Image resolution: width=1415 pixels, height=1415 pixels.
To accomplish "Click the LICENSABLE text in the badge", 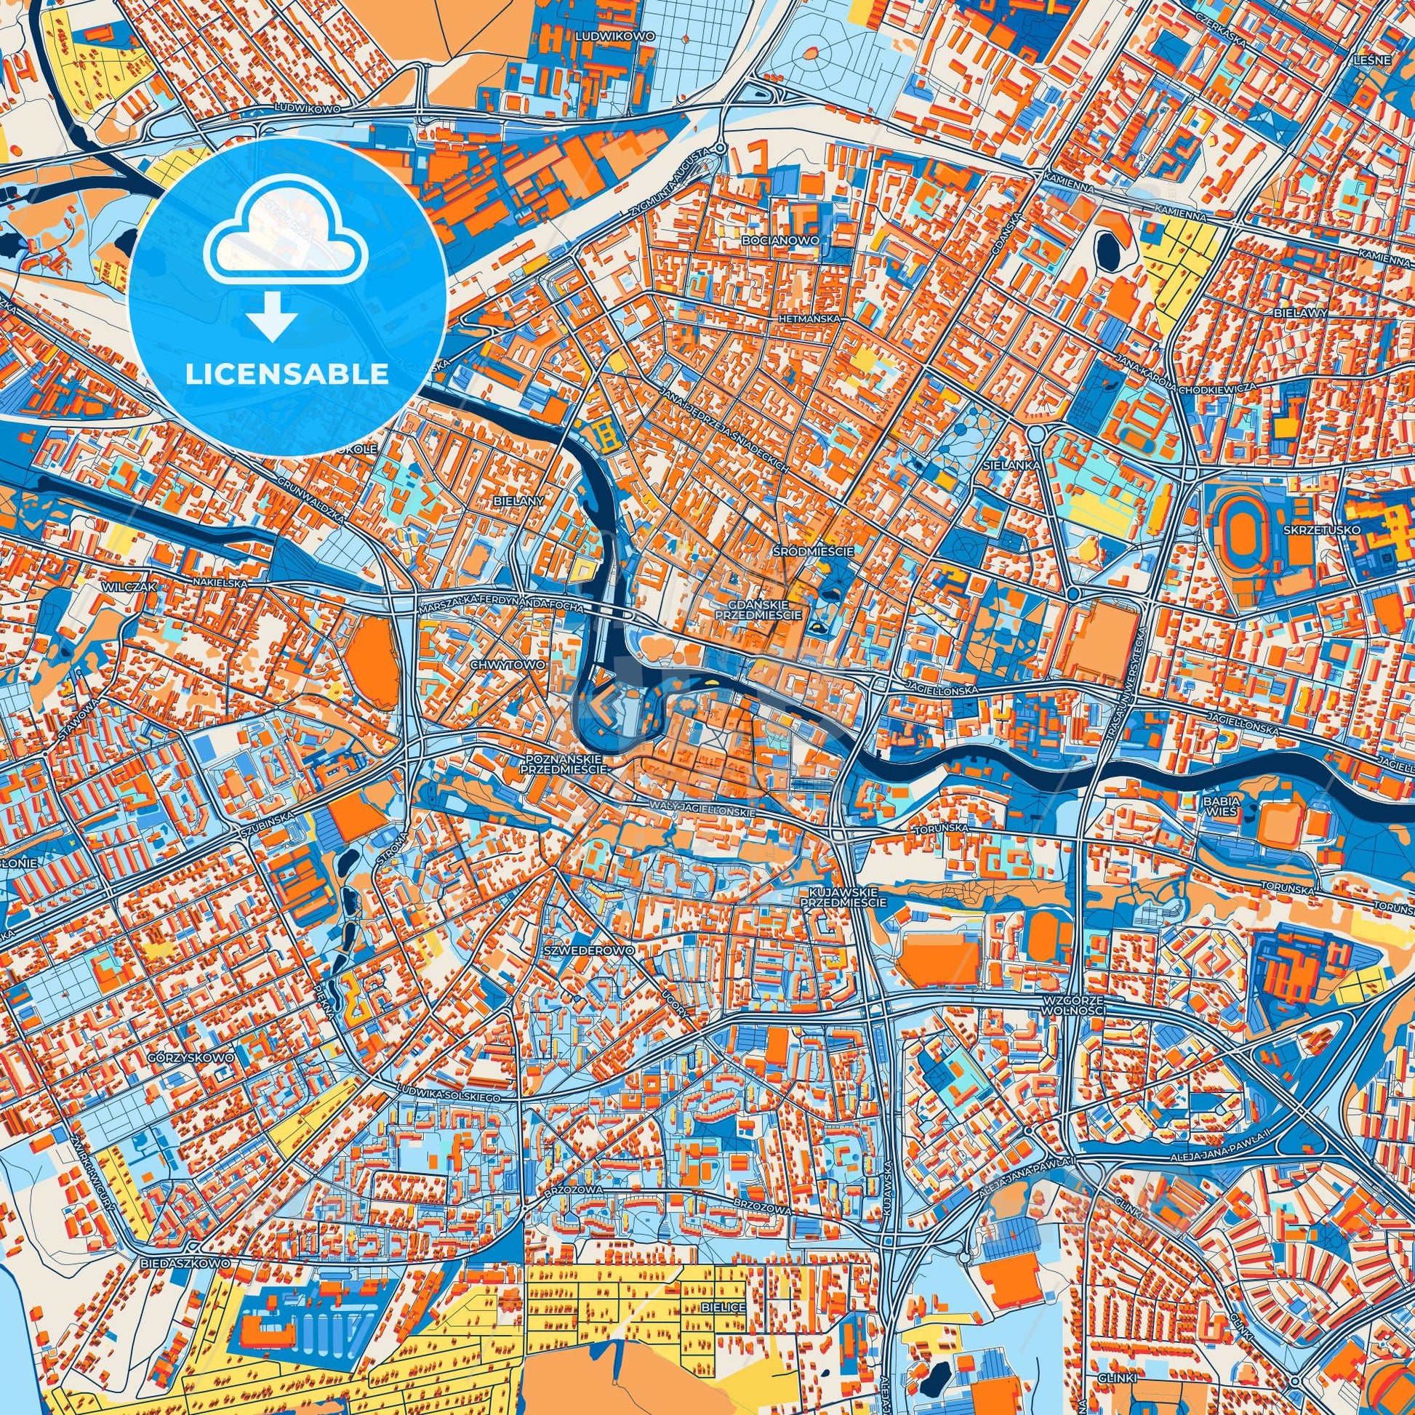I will coord(286,374).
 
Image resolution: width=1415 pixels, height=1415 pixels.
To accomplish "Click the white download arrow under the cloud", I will coord(272,319).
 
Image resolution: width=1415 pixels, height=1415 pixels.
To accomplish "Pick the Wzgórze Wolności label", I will coord(1075,1004).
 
